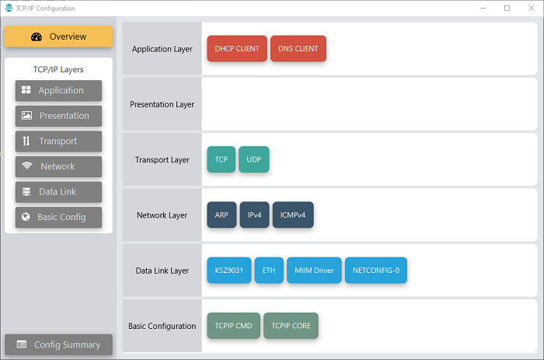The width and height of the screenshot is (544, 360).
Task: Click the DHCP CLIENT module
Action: coord(237,49)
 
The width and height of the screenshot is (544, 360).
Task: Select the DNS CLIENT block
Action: coord(298,49)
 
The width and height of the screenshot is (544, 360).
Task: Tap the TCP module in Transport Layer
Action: coord(221,159)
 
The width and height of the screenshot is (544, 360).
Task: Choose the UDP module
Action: coord(253,159)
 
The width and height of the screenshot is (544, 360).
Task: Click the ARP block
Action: coord(221,215)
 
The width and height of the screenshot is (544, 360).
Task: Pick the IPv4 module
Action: coord(254,215)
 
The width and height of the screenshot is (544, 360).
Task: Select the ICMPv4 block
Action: coord(293,215)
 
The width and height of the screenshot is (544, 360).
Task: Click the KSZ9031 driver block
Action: coord(229,270)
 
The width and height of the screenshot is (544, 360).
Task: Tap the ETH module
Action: coord(269,270)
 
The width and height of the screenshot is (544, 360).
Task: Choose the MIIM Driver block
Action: coord(314,270)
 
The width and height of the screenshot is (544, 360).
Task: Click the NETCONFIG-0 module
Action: coord(375,270)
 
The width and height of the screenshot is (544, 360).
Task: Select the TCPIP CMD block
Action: coord(233,326)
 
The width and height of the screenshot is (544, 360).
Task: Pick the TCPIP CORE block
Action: coord(291,326)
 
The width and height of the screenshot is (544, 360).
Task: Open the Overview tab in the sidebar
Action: coord(58,37)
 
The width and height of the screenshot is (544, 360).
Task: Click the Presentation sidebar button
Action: coord(58,116)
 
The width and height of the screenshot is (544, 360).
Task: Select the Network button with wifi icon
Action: coord(58,166)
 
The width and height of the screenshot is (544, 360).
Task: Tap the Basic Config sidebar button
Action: coord(58,217)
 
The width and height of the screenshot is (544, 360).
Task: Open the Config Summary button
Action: coord(58,344)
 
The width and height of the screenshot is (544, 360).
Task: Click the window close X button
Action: coord(531,8)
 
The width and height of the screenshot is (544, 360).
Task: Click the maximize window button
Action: coord(507,8)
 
